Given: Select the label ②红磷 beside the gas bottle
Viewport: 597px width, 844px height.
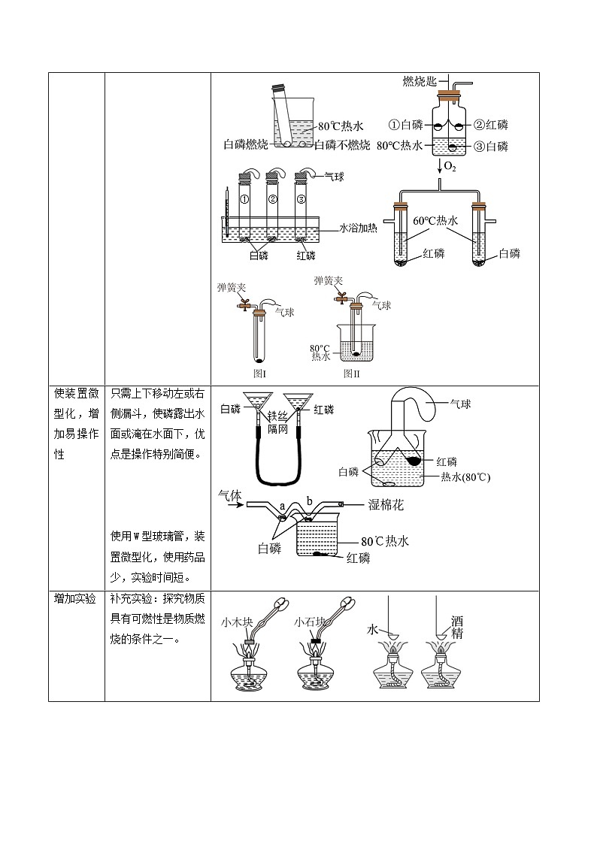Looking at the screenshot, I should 491,125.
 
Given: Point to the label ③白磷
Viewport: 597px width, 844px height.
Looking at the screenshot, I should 491,146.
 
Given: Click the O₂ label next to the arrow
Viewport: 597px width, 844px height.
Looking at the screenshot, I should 450,165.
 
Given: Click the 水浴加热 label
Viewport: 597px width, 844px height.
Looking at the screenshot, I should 358,228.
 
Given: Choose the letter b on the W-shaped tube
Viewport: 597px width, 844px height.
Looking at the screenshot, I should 310,501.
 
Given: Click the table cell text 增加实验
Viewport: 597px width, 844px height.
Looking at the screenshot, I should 75,598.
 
